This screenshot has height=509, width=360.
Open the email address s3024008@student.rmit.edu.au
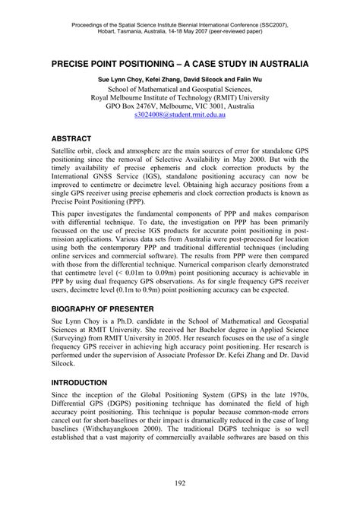pyautogui.click(x=180, y=119)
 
